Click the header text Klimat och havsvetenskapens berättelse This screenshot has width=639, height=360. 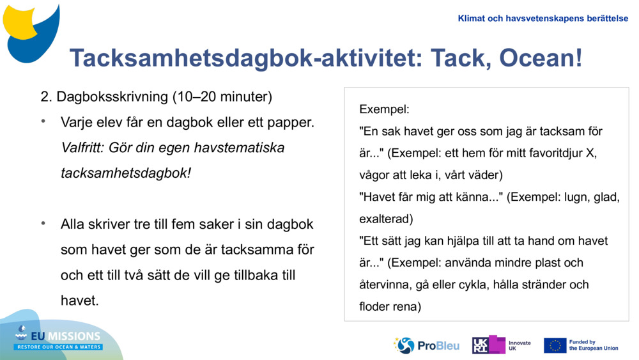[x=543, y=19]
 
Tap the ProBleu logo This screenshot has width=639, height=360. [x=426, y=345]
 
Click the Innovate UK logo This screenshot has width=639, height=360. [x=502, y=345]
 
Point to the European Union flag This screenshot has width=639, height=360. [x=555, y=345]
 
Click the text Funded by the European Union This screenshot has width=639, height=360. [x=594, y=345]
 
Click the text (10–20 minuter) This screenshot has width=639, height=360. [x=222, y=97]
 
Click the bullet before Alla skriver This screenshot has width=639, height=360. [x=43, y=224]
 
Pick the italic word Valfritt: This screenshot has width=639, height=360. [x=83, y=148]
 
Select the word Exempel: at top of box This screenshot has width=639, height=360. [x=384, y=109]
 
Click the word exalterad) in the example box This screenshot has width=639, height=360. [x=386, y=219]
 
